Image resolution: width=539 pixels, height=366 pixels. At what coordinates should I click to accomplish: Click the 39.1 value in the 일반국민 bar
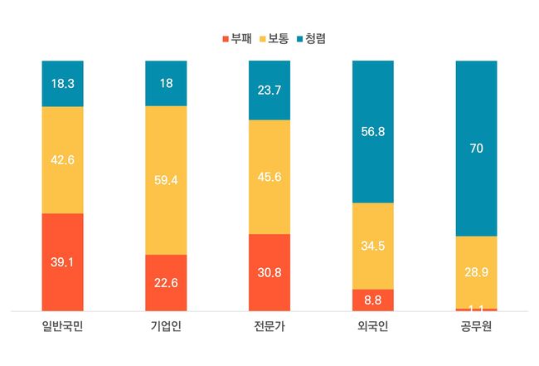(x=62, y=261)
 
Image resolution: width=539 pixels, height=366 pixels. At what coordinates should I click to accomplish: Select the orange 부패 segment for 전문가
(x=269, y=272)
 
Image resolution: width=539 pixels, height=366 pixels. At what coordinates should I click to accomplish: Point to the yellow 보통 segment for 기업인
(x=166, y=180)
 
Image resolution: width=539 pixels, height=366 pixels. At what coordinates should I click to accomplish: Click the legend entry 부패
(x=236, y=38)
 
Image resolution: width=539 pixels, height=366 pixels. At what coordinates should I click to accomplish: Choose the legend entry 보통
(x=279, y=38)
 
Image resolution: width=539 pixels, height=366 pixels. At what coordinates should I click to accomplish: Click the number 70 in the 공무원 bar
(x=476, y=149)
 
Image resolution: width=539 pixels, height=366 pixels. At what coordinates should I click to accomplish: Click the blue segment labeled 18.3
(x=62, y=84)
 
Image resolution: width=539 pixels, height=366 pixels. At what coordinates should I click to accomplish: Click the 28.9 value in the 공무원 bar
(x=476, y=272)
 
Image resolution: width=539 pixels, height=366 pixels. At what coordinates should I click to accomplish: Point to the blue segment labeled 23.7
(x=269, y=90)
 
